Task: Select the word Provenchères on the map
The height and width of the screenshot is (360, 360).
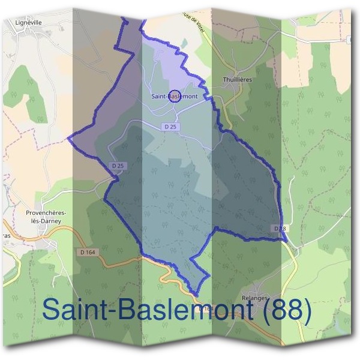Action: tap(46, 212)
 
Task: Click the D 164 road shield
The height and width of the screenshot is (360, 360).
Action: tap(88, 252)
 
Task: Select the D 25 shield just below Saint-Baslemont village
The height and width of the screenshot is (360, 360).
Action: tap(170, 127)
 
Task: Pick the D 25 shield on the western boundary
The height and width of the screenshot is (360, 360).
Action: tap(118, 166)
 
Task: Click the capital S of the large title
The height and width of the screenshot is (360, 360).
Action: tap(54, 310)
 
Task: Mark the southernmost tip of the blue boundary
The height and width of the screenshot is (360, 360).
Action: tap(196, 295)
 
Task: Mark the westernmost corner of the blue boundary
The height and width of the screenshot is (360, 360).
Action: tap(68, 137)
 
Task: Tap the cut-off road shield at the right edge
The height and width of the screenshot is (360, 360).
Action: tap(350, 39)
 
